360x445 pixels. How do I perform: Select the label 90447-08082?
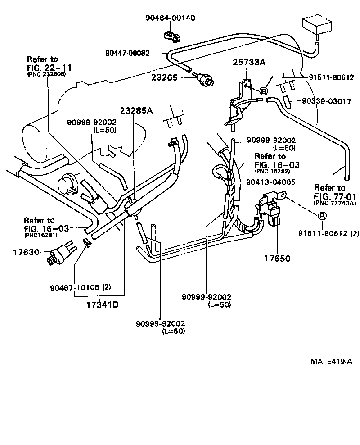point(127,53)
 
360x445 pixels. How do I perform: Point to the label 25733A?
point(248,62)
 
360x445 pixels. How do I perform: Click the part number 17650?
point(277,259)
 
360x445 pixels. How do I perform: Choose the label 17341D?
point(102,304)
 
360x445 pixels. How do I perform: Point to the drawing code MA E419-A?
point(330,362)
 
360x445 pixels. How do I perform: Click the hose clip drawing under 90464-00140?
point(170,35)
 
